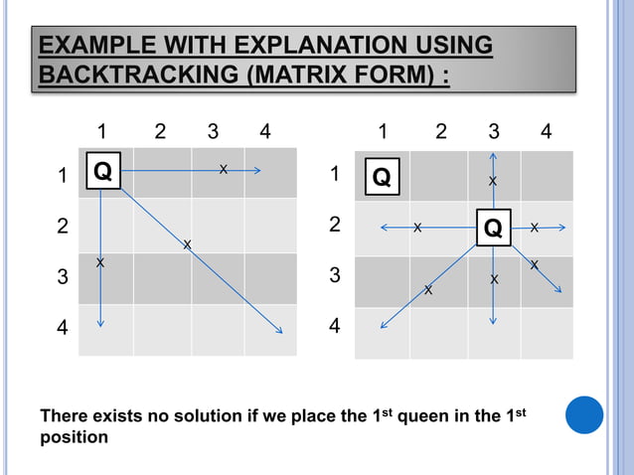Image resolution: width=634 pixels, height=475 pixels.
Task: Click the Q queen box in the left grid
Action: pos(102,173)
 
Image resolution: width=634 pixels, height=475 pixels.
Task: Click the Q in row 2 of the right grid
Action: pos(493,228)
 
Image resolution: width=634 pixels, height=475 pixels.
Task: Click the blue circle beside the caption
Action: pos(584,414)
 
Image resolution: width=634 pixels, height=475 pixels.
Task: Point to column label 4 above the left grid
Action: pos(263,131)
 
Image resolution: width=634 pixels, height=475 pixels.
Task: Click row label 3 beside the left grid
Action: pos(63,277)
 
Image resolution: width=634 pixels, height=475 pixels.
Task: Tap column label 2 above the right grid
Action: pos(441,131)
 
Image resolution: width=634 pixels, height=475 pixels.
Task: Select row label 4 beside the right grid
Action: pos(336,326)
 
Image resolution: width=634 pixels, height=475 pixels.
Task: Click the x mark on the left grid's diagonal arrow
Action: pos(186,244)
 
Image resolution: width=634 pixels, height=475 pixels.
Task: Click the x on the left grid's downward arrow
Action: pos(100,261)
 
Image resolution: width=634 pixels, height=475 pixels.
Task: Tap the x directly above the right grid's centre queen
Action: pos(493,182)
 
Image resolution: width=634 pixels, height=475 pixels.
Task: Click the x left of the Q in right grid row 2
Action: pos(417,228)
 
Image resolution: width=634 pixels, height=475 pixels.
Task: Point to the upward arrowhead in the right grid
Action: pos(494,156)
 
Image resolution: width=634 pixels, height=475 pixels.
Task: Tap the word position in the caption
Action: pos(74,437)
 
